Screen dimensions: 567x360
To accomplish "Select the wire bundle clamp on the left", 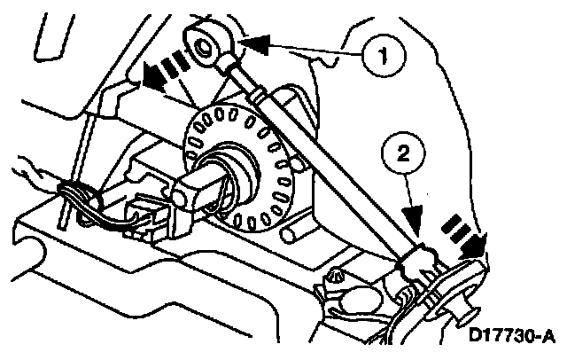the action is (x=73, y=197).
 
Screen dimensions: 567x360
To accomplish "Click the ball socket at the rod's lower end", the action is (x=417, y=262).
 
